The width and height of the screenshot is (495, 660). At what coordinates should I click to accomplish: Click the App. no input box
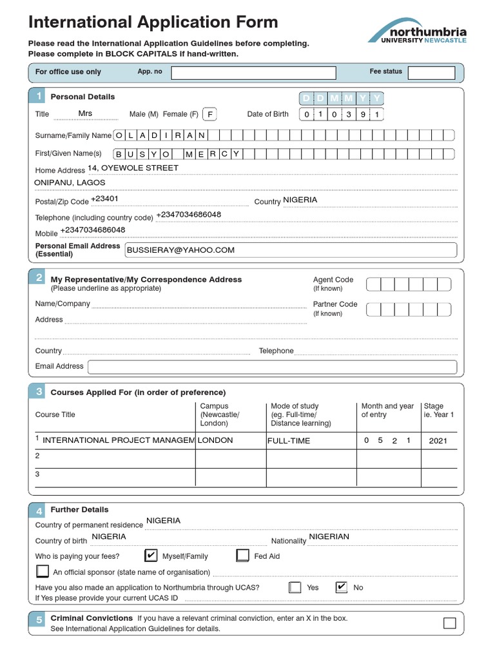pos(253,73)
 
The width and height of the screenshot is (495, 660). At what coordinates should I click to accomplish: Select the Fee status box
pos(431,73)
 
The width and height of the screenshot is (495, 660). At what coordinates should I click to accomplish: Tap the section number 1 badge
pos(39,97)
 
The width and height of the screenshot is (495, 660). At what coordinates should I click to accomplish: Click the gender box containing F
pos(209,115)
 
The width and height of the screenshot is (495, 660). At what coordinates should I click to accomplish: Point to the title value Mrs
pos(85,113)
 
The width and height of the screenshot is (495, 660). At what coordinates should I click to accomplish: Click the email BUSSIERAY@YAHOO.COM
pos(181,250)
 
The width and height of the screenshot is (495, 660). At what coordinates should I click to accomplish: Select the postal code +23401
pos(104,199)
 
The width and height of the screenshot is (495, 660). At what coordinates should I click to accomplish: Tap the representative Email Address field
pos(272,367)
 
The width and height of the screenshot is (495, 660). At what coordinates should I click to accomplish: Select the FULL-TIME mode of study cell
pos(289,441)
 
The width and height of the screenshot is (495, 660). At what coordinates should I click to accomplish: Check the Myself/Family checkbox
pos(151,556)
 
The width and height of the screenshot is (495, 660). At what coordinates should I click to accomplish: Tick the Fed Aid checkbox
pos(242,556)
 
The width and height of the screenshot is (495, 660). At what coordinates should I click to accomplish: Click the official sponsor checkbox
pos(43,571)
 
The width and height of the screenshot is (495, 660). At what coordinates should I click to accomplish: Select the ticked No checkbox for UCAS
pos(342,587)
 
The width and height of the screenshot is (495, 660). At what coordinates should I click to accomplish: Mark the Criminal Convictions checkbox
pos(449,623)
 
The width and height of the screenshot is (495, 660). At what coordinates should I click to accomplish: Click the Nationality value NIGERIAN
pos(329,537)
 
